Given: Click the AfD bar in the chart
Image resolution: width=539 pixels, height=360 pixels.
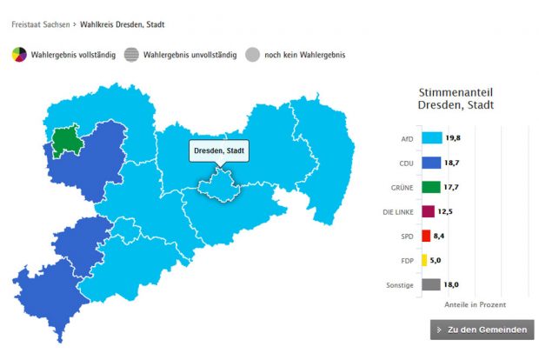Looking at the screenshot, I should pos(432,137).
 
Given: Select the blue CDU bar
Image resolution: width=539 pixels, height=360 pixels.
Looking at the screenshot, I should pos(431,162).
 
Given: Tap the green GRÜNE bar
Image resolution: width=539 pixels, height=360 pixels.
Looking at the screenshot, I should pos(430,186).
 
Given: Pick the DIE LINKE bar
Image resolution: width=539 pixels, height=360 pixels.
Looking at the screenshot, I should pos(428,210).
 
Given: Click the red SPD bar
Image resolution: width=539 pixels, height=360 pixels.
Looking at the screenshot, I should pos(425,235).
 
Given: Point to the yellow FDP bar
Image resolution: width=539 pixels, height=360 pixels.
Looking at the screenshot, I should pos(423,259).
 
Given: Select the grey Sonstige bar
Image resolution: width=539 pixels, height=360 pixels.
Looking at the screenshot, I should pos(430,283).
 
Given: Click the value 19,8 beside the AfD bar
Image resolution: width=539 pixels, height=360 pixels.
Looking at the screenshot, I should pos(453,137).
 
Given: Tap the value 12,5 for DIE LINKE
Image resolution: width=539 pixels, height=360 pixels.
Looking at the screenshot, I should pos(443,210).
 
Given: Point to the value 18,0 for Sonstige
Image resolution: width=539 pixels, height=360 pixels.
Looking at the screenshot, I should pos(451,283).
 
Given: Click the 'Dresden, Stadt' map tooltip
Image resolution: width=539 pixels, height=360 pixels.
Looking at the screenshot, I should pos(219,150).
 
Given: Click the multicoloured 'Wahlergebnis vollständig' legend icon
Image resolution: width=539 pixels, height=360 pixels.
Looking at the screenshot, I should pos(19,55).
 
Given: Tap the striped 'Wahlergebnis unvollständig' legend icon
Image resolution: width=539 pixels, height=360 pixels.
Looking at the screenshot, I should pos(131,55).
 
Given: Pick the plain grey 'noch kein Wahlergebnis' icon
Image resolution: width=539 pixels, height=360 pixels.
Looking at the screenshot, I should pos(252,55).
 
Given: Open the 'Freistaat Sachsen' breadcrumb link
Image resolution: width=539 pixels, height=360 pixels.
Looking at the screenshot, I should pos(40,24).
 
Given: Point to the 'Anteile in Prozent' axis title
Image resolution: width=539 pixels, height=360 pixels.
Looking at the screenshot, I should pos(475,304).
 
